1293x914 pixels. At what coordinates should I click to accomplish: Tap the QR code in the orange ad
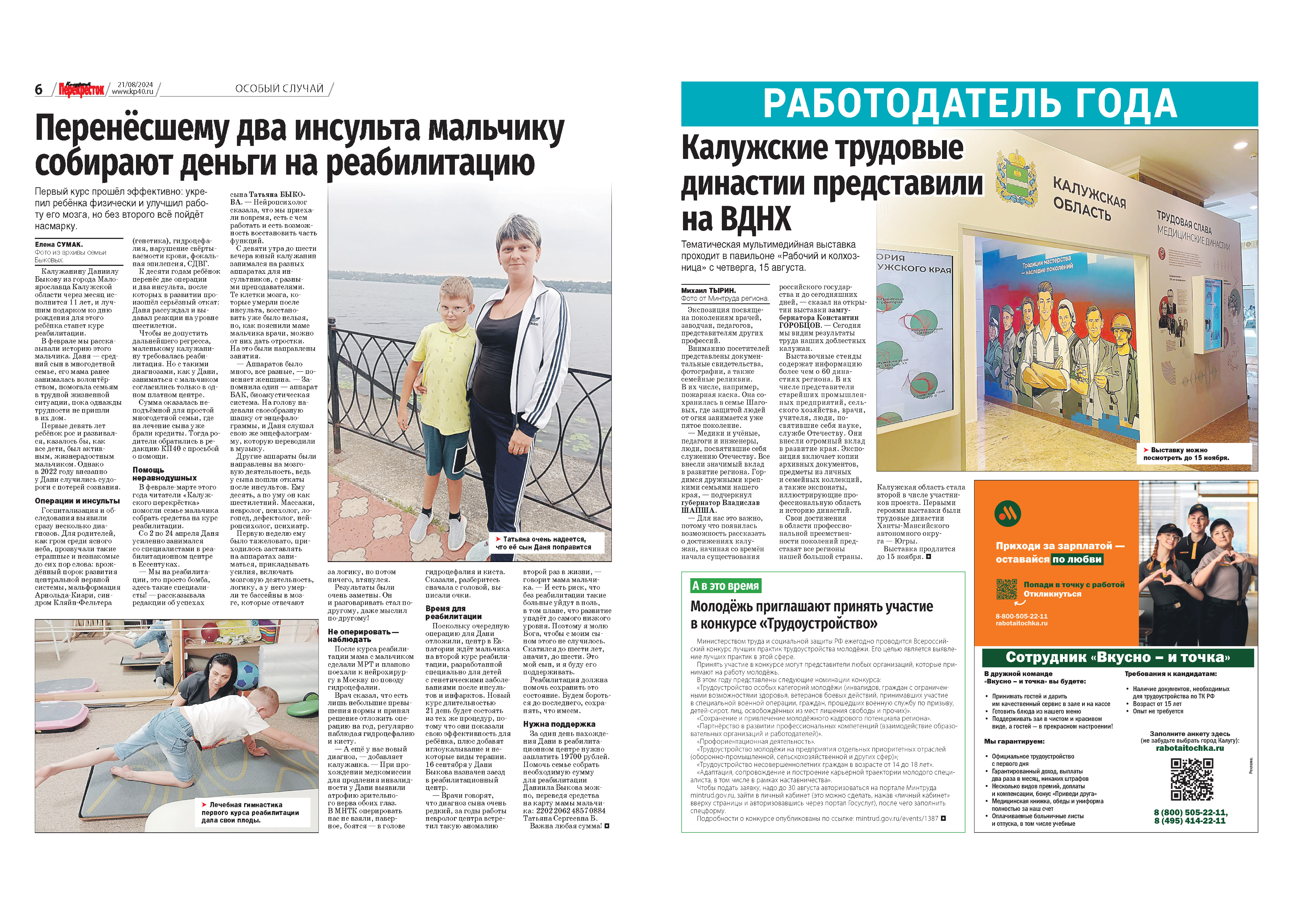(1007, 589)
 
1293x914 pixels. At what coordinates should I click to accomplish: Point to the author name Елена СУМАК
(59, 244)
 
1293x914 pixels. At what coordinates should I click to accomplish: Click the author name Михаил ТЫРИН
(708, 291)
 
